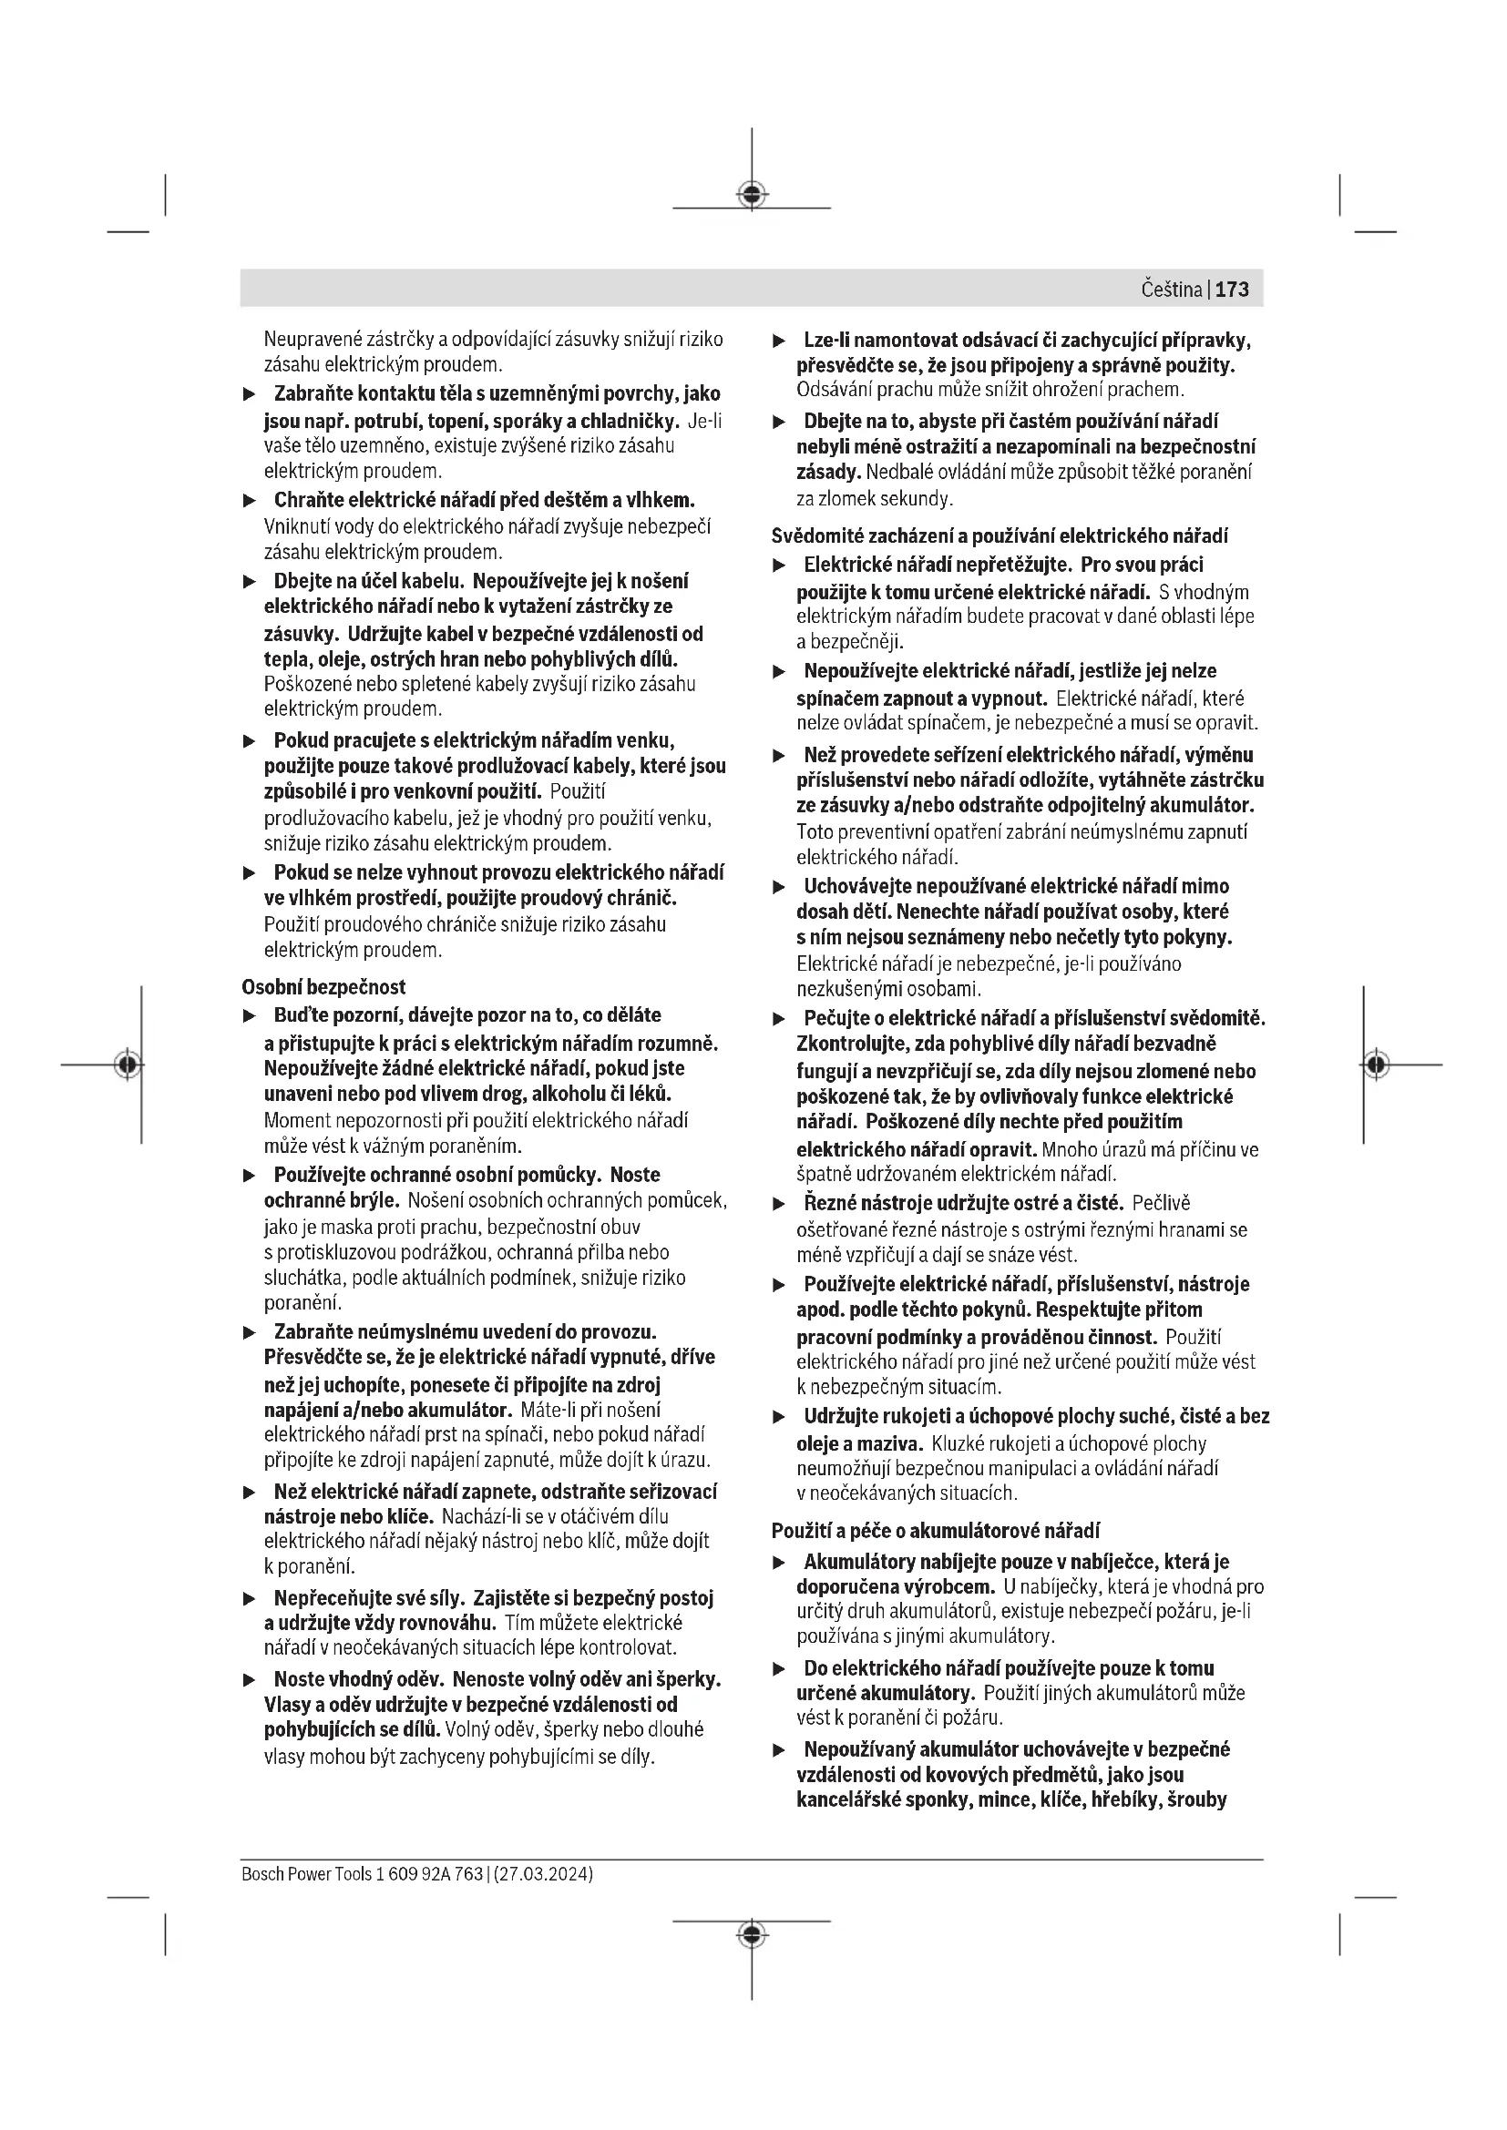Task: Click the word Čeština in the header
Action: click(1171, 290)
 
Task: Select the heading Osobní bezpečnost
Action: click(323, 987)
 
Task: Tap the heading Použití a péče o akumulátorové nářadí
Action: click(936, 1530)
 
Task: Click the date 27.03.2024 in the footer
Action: click(543, 1874)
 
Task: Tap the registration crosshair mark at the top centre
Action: click(752, 194)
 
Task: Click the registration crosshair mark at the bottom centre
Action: click(752, 1934)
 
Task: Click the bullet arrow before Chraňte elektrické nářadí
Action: click(249, 501)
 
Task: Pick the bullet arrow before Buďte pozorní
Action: click(249, 1016)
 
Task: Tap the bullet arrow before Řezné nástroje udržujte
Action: click(780, 1204)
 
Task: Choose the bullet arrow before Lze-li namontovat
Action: click(780, 341)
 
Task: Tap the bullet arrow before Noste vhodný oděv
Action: click(249, 1680)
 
